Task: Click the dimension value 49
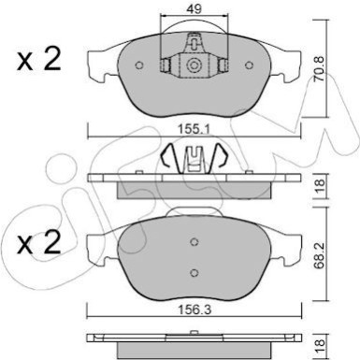point(194,9)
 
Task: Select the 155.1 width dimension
point(194,128)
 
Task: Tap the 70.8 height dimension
point(319,69)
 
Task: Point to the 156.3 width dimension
point(194,310)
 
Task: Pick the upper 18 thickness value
point(319,186)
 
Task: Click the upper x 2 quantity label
point(38,60)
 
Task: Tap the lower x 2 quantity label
point(38,243)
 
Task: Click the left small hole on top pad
point(139,65)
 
